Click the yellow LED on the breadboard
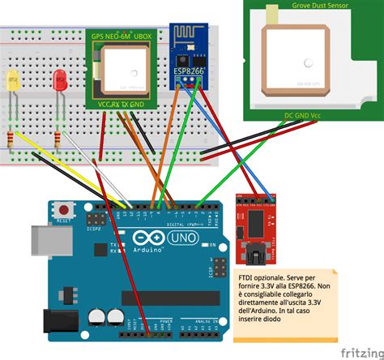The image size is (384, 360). coord(13,82)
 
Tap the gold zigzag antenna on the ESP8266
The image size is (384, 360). coord(194,41)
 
